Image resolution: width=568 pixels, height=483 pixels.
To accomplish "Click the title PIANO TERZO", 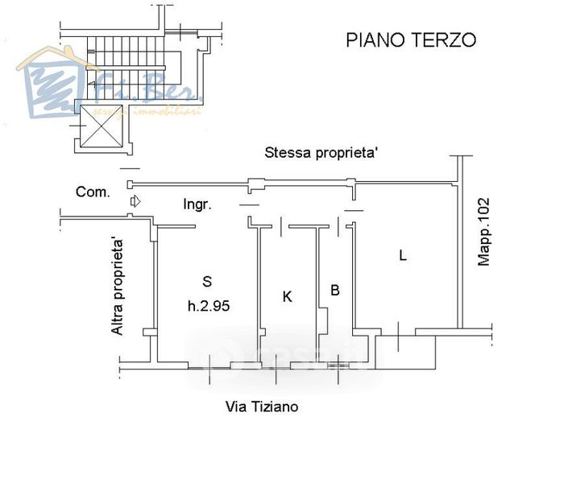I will (410, 39).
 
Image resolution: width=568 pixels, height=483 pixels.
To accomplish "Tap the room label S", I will (207, 281).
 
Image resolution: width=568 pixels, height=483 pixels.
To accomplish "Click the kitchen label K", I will (287, 297).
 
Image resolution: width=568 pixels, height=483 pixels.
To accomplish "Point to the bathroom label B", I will (334, 289).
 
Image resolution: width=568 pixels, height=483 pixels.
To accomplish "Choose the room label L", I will (402, 256).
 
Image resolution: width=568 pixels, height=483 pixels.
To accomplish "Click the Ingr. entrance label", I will (197, 204).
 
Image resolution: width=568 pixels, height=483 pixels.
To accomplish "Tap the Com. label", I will (93, 192).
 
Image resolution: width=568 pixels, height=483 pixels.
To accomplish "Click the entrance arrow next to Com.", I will (135, 200).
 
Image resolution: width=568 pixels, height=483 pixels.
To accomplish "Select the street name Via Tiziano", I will (261, 407).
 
